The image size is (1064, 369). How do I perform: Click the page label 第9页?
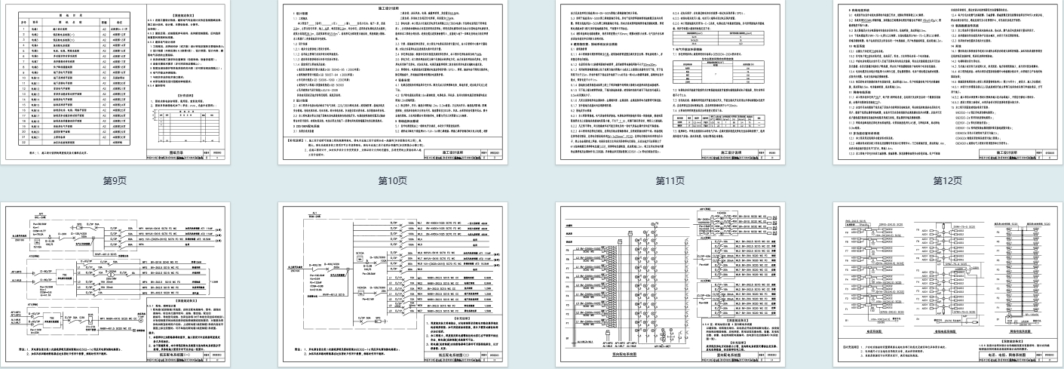click(113, 180)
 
